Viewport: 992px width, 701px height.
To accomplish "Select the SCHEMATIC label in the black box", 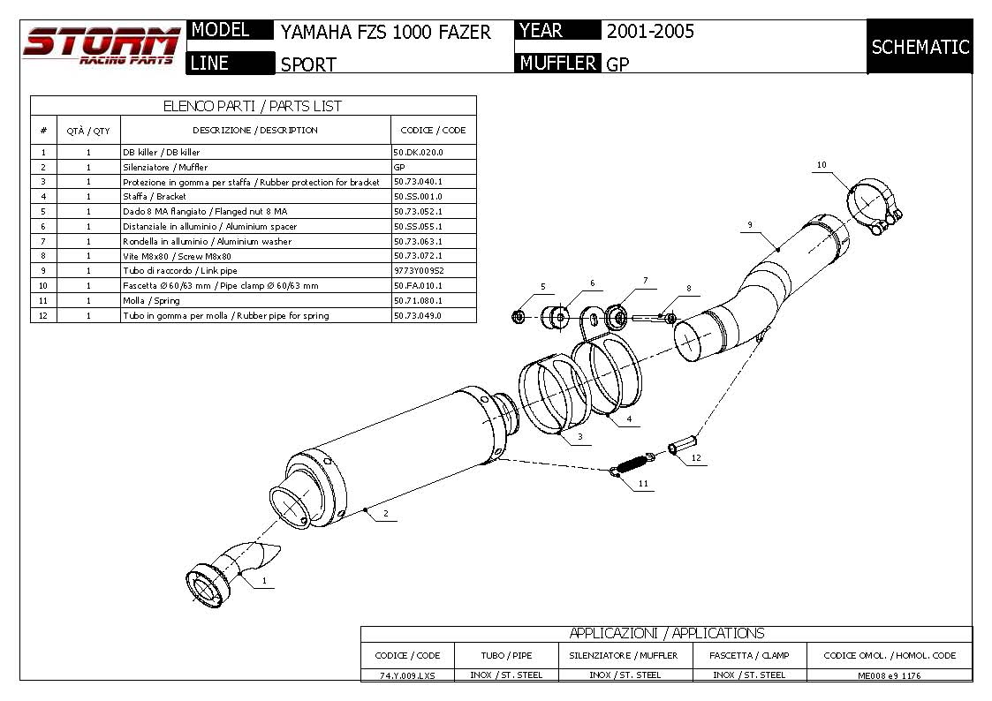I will pos(920,47).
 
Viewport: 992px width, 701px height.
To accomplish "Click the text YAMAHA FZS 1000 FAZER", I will pos(385,32).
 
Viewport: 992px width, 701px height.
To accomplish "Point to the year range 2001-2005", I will pos(650,31).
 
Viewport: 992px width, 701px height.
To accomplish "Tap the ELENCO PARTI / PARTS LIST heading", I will pos(253,106).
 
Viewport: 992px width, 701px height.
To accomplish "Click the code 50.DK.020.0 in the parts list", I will pos(418,152).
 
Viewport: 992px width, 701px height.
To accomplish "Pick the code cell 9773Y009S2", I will pos(419,270).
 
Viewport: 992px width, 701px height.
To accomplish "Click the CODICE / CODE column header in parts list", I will pos(433,130).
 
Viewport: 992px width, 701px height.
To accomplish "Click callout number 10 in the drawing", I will pos(822,165).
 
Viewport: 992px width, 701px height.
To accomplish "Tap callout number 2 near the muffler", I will pos(386,513).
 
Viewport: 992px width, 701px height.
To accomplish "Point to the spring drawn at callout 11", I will pos(633,464).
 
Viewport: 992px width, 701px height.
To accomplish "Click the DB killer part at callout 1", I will pos(231,571).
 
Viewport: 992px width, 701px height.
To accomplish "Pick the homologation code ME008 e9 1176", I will pos(889,675).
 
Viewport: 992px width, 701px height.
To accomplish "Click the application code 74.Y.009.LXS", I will pos(407,675).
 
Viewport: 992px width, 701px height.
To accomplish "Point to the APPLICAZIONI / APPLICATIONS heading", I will pos(666,633).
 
